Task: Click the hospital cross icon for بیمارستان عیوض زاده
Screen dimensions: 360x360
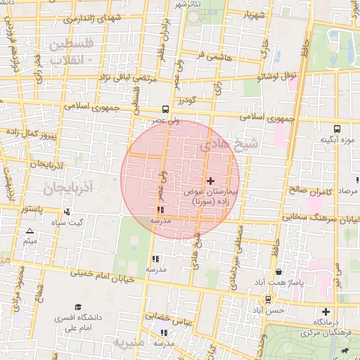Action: coord(210,181)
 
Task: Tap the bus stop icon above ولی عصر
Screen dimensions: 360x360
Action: coord(165,109)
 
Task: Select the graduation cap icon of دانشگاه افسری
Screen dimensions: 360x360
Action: coord(78,307)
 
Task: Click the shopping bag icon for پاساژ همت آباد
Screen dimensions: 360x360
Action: coord(279,271)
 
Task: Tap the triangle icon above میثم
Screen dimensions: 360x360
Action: coord(30,231)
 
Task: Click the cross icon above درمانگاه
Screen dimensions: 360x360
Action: coord(325,311)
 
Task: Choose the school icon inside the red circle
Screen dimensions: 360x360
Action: coord(161,210)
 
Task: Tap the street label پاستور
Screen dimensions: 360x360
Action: coord(31,210)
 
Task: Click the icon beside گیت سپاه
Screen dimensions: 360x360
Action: coord(67,212)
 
